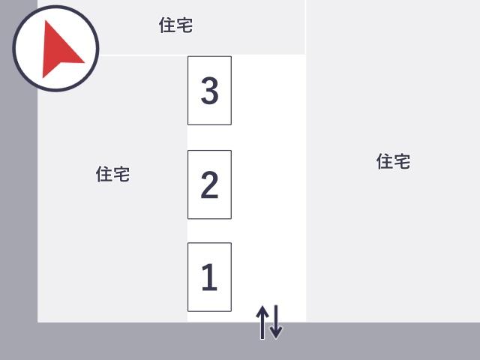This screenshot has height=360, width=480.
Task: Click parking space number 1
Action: click(209, 277)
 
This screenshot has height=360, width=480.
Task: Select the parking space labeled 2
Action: click(209, 184)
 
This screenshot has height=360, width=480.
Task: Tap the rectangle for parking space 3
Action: click(209, 91)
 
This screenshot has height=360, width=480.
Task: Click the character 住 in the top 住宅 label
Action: click(167, 25)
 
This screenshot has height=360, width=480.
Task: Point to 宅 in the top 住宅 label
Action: click(184, 25)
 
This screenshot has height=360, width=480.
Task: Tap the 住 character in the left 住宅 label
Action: click(103, 174)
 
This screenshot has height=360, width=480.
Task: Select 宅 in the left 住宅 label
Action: click(121, 174)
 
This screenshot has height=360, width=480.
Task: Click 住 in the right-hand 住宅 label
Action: click(385, 161)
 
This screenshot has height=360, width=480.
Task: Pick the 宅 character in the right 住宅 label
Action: click(402, 161)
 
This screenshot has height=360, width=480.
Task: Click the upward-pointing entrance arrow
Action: click(262, 322)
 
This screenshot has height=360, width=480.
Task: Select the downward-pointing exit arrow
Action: click(276, 322)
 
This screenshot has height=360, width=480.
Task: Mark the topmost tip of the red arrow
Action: click(46, 20)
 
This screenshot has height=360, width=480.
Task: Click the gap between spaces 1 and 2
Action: click(209, 231)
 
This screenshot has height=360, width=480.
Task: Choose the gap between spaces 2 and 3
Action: click(209, 138)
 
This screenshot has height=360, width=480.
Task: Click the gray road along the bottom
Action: click(240, 341)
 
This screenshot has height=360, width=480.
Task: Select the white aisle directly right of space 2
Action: click(268, 184)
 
